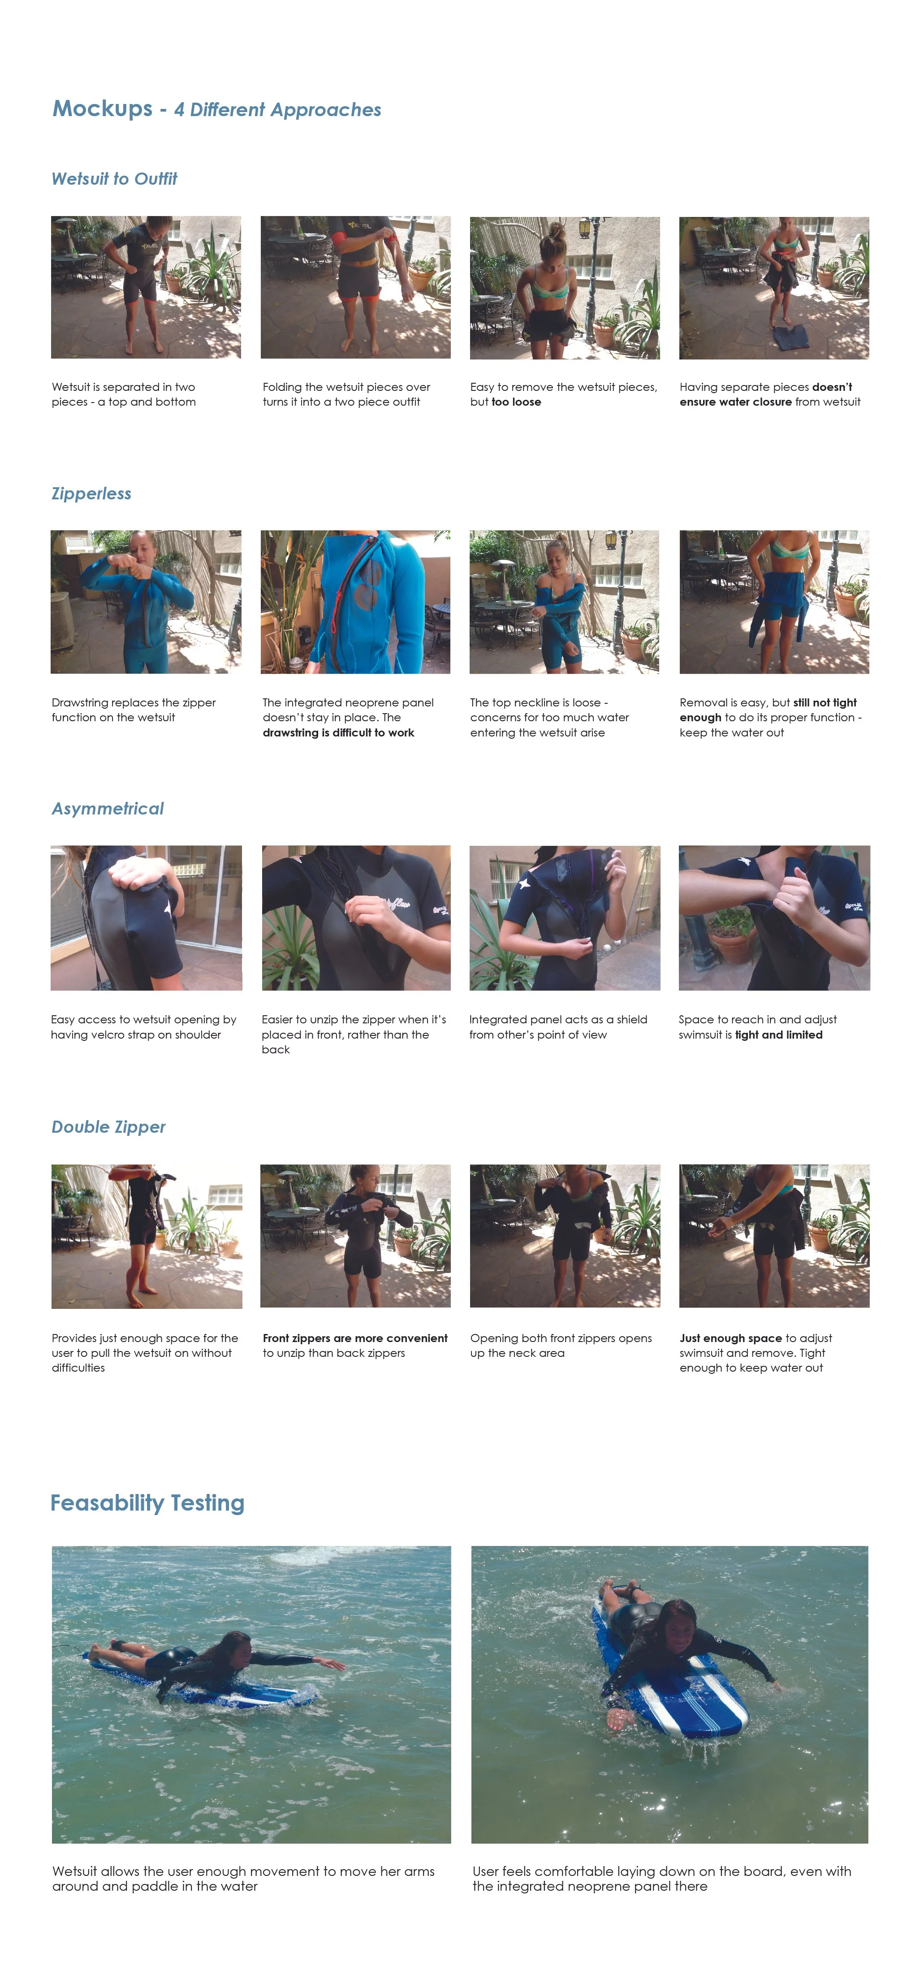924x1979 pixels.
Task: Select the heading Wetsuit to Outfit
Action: (x=114, y=179)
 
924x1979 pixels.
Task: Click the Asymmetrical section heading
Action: (x=108, y=809)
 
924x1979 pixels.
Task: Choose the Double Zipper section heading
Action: (x=108, y=1127)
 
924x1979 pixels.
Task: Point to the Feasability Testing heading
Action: (x=147, y=1503)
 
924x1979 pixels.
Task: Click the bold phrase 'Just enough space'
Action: (x=730, y=1338)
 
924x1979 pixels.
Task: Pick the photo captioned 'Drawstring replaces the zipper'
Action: (x=146, y=602)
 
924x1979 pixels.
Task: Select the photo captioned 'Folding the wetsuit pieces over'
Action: (x=356, y=287)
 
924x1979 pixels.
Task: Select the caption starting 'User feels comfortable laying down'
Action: (x=662, y=1878)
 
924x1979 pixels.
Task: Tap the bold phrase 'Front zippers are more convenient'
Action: (x=355, y=1338)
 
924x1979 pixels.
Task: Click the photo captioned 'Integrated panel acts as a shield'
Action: (x=565, y=918)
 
